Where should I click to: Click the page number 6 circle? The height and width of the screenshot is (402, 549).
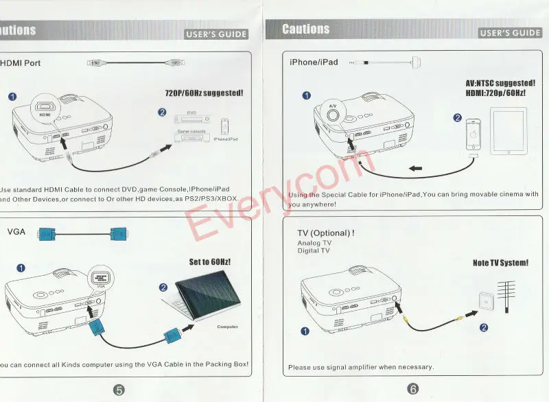pyautogui.click(x=413, y=389)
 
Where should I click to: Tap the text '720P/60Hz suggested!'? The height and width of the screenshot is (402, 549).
pyautogui.click(x=204, y=93)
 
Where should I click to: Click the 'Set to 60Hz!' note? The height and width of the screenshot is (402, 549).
pyautogui.click(x=210, y=262)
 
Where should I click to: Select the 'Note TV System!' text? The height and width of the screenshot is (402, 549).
pyautogui.click(x=500, y=263)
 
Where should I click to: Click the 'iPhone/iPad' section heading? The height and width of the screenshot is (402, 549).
pyautogui.click(x=314, y=62)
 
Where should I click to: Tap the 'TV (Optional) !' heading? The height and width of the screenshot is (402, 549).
pyautogui.click(x=326, y=233)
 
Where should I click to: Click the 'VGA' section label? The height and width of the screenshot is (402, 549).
pyautogui.click(x=16, y=232)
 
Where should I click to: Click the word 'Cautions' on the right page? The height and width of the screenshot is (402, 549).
pyautogui.click(x=306, y=29)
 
